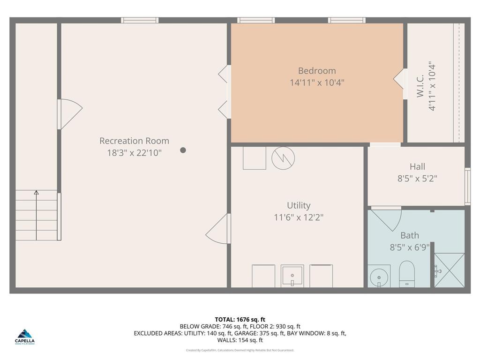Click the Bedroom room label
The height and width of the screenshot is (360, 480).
pos(317,71)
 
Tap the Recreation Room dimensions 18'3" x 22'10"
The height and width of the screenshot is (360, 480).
pos(134,152)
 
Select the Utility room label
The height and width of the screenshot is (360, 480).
pos(299,205)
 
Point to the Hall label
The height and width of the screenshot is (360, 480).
pos(417,166)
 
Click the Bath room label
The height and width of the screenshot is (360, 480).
pos(409,235)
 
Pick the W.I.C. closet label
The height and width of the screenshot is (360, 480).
pos(420,86)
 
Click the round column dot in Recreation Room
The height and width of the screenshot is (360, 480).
pos(183,150)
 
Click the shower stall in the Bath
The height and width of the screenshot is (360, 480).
pos(450,270)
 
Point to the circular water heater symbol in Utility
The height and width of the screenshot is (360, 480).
pos(283,158)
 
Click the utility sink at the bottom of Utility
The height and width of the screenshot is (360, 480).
pos(292,276)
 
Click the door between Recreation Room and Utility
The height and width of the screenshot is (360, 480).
pos(219,229)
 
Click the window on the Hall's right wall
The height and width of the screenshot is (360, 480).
pos(467,186)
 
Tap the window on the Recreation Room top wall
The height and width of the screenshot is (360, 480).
pos(140,20)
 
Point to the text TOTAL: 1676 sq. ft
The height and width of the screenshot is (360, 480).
pos(240,319)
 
